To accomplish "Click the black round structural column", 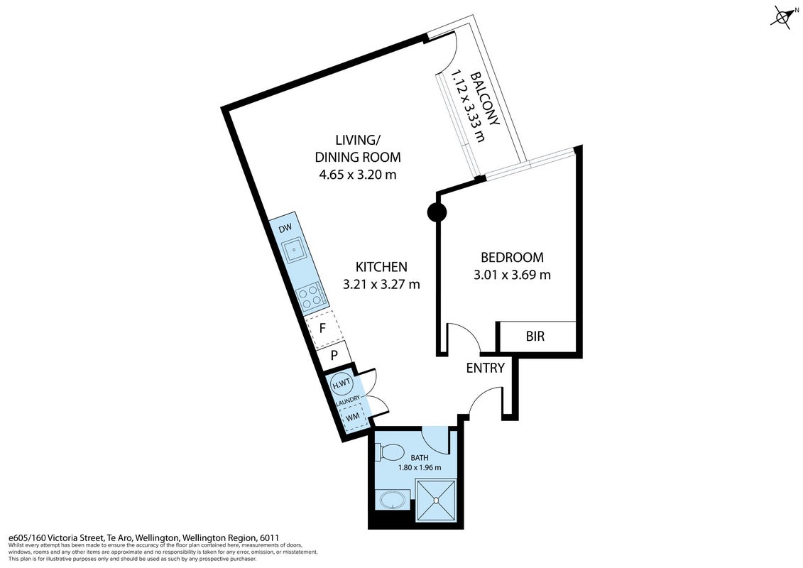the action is coord(437,212).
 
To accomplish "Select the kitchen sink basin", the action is coord(295,251).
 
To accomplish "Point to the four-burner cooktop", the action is coord(311,297).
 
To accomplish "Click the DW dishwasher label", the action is coord(285,228).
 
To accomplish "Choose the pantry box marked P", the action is coord(334,354).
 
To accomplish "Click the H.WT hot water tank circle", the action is coord(342,383).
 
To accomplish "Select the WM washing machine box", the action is coord(352,417).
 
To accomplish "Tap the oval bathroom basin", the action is coord(393,500).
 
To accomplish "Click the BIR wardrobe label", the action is coord(535,336).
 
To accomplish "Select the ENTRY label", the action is coord(485,368).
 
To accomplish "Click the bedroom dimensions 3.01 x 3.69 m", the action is coord(512,275).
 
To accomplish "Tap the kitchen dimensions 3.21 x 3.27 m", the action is coord(381,284).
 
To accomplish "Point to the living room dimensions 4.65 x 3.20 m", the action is coord(357,175).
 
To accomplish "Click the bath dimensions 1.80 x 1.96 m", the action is coord(420,467).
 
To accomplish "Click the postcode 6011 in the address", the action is coord(269,537).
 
